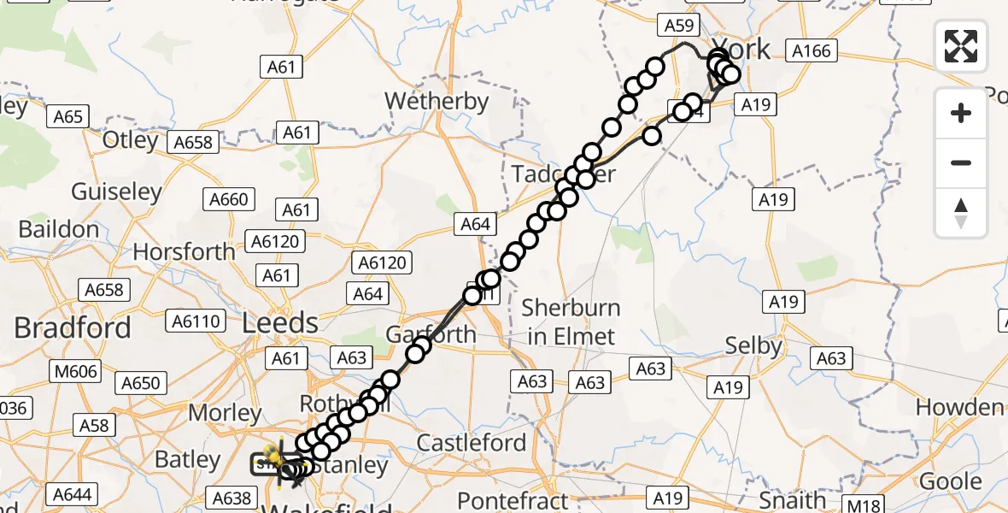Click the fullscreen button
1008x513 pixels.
[x=961, y=46]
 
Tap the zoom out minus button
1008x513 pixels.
[x=961, y=162]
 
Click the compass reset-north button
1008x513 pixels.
[x=961, y=213]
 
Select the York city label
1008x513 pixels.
[x=741, y=48]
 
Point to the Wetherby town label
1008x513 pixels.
[x=437, y=101]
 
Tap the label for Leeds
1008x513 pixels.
[x=280, y=323]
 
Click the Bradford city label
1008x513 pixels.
[x=73, y=327]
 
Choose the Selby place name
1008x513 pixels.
[x=753, y=346]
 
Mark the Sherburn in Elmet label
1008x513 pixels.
[x=571, y=321]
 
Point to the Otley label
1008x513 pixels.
[x=131, y=139]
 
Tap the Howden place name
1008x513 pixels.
[x=959, y=407]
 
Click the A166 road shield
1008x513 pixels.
[x=811, y=51]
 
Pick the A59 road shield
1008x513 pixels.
[x=679, y=27]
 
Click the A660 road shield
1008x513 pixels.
[x=229, y=200]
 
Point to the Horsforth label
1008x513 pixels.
[x=184, y=252]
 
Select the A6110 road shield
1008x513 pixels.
[x=197, y=321]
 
